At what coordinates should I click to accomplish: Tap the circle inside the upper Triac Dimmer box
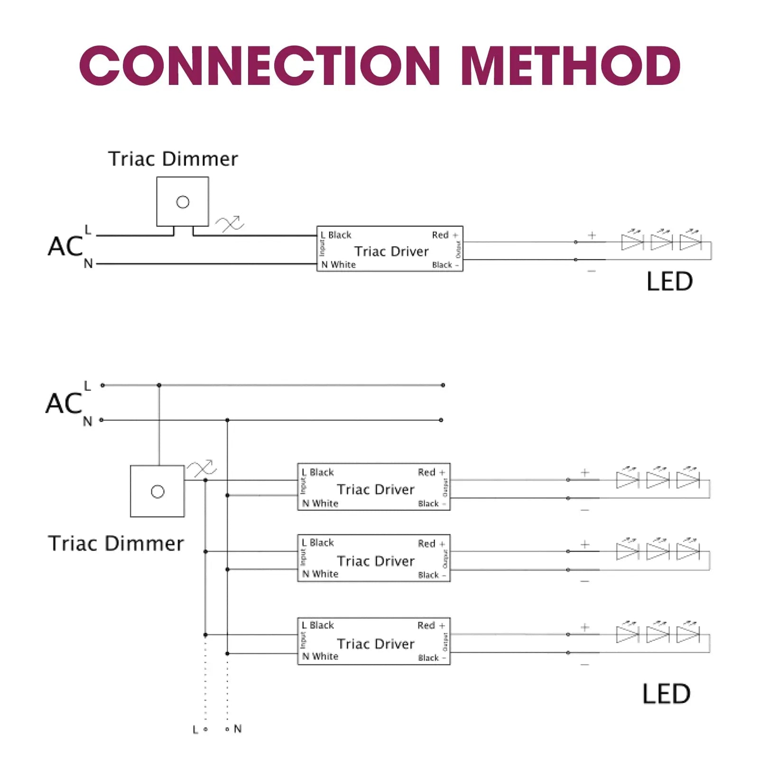183,202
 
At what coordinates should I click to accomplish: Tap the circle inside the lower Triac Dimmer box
157,491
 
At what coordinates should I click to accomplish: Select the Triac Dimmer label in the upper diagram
173,159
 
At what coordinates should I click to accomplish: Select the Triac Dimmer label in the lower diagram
116,544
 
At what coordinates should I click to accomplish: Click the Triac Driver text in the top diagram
391,251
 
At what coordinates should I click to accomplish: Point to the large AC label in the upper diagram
65,247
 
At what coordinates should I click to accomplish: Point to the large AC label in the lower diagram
64,404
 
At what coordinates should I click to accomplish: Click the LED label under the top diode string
669,282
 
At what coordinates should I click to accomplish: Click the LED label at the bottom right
666,694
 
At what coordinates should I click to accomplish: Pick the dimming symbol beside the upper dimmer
230,224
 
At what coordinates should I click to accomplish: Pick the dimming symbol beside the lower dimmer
202,469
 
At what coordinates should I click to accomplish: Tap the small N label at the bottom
238,729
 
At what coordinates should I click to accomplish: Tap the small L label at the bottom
195,730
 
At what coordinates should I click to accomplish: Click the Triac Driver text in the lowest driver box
376,644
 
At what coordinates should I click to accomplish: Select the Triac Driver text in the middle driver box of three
376,561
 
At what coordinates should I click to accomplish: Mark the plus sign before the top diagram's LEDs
592,235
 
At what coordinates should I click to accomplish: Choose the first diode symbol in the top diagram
632,242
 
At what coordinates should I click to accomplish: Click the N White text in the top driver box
338,265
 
